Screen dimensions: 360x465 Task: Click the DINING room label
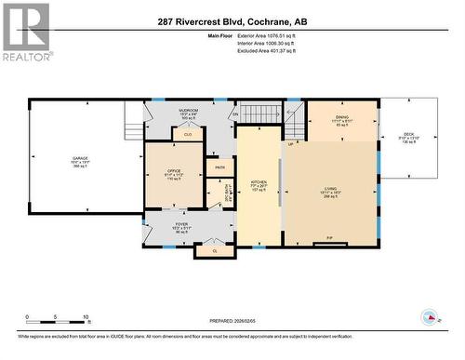(342, 117)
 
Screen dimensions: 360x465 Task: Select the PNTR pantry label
(220, 167)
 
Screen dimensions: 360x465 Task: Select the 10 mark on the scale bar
(86, 317)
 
